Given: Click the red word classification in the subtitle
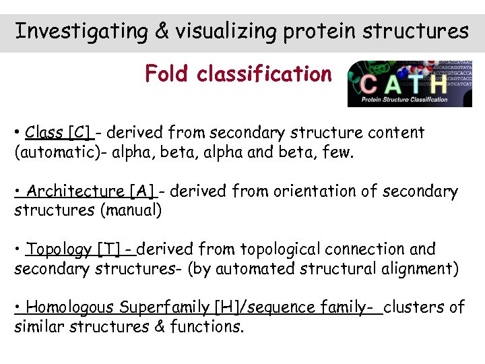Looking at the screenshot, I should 264,73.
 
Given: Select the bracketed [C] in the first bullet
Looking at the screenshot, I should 79,133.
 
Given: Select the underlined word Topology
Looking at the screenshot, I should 59,249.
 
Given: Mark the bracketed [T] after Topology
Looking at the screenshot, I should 109,249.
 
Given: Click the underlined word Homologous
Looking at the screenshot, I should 70,308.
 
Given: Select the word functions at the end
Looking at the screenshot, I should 207,328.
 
